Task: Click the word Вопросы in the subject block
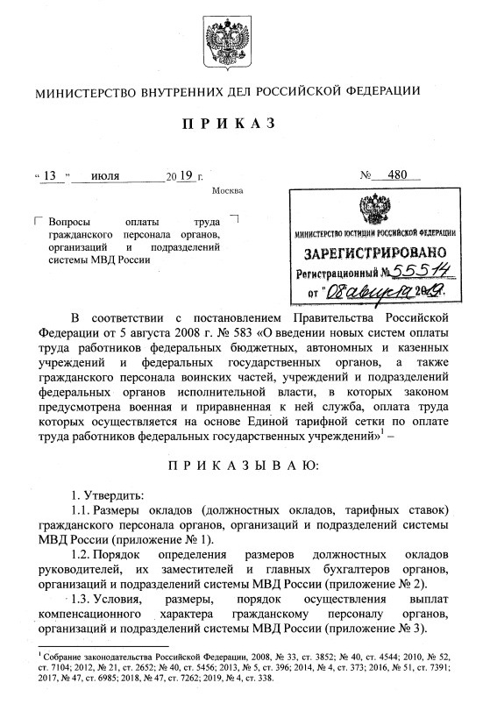click(71, 223)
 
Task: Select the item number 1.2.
click(76, 557)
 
